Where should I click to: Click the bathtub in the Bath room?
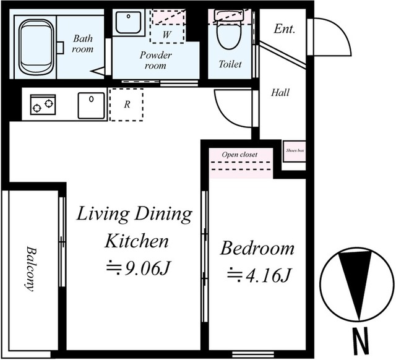point(37,47)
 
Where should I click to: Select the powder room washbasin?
point(129,22)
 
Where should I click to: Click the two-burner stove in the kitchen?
point(43,105)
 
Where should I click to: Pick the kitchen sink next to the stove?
point(91,106)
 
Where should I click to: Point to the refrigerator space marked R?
point(127,105)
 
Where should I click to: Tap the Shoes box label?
point(295,150)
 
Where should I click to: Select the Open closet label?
point(239,154)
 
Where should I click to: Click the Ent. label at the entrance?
point(285,29)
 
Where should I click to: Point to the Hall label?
point(280,93)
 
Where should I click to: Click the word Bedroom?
point(257,248)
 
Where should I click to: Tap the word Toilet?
point(230,64)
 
